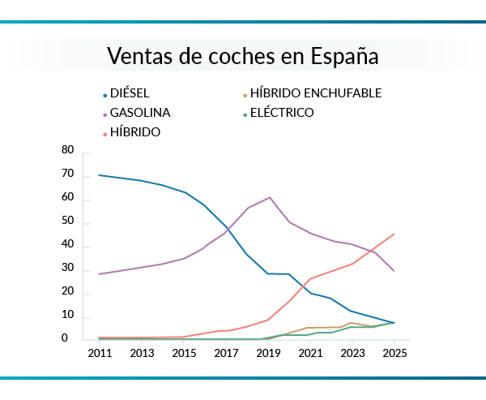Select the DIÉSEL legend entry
coord(130,93)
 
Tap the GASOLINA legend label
coord(140,113)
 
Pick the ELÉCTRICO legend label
coord(282,113)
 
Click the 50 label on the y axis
coord(67,222)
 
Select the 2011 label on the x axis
coord(99,354)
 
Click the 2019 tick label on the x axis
coord(269,354)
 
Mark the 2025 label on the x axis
coord(394,354)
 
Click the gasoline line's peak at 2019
coord(269,197)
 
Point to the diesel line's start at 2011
coord(99,175)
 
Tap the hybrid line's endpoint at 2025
coord(394,234)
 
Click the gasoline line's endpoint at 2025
coord(394,271)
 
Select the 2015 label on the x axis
coord(184,354)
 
